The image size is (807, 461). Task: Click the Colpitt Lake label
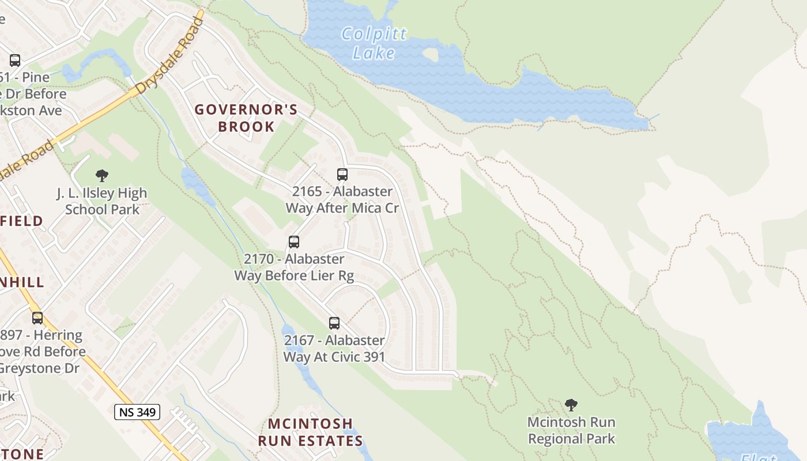click(374, 43)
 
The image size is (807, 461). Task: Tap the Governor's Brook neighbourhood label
click(246, 118)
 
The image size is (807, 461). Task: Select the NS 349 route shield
click(137, 412)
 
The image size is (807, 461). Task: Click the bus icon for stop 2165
click(342, 174)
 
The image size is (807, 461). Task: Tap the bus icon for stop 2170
click(294, 242)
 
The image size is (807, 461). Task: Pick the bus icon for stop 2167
click(334, 323)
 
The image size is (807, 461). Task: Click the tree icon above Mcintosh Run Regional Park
click(571, 405)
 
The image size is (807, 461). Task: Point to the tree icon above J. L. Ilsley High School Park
click(102, 175)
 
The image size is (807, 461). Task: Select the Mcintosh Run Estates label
click(310, 432)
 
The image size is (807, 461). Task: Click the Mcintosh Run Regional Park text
click(571, 430)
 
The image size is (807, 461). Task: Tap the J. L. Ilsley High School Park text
click(102, 201)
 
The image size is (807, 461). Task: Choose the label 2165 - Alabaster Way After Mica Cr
click(342, 199)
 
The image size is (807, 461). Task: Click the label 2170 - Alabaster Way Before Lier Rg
click(294, 267)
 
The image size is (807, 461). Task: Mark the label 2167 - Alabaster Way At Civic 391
click(334, 349)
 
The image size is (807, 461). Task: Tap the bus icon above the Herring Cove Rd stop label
click(37, 318)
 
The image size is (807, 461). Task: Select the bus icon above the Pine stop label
click(15, 60)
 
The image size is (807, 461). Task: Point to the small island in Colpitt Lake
click(430, 54)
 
